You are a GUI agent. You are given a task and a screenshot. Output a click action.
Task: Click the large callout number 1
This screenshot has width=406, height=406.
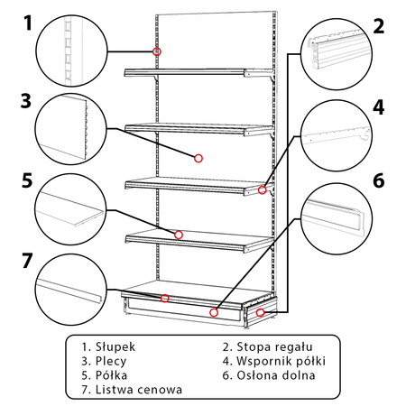[28, 23]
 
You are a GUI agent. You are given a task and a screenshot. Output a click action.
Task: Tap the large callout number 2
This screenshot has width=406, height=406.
[379, 26]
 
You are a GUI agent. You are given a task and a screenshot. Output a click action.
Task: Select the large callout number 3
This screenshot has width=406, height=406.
[26, 101]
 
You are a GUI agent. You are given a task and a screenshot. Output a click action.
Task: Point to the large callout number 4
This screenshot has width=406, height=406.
[379, 107]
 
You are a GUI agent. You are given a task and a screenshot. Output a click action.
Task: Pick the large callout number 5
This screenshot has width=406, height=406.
[27, 180]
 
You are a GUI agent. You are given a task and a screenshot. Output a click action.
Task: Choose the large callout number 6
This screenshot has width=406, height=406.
[379, 180]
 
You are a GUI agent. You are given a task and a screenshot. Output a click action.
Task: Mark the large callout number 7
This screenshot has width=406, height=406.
[27, 261]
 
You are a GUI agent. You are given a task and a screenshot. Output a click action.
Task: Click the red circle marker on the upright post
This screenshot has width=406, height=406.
[157, 51]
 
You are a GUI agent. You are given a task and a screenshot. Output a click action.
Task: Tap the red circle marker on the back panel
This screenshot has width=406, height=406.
[198, 158]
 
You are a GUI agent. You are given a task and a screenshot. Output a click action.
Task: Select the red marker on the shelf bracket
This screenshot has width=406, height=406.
[263, 189]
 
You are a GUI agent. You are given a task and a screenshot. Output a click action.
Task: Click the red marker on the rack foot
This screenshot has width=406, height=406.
[260, 312]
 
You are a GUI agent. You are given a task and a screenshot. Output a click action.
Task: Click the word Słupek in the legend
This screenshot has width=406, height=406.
[115, 347]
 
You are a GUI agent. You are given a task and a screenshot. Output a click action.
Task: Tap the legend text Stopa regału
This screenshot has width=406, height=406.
[274, 347]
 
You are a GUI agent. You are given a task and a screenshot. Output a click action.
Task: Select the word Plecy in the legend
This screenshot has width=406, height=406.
[111, 361]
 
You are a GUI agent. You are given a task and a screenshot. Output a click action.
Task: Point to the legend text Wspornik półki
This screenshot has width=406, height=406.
[281, 361]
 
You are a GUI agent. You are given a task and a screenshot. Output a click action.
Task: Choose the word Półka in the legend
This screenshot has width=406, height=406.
[111, 375]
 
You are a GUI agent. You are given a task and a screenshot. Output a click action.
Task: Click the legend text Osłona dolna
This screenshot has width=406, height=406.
[276, 375]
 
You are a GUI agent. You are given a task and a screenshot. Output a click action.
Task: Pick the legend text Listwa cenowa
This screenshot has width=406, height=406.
[139, 390]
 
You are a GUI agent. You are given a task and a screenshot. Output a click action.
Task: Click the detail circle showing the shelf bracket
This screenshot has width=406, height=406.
[337, 135]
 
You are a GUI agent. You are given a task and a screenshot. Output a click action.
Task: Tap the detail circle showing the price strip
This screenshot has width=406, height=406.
[71, 290]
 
